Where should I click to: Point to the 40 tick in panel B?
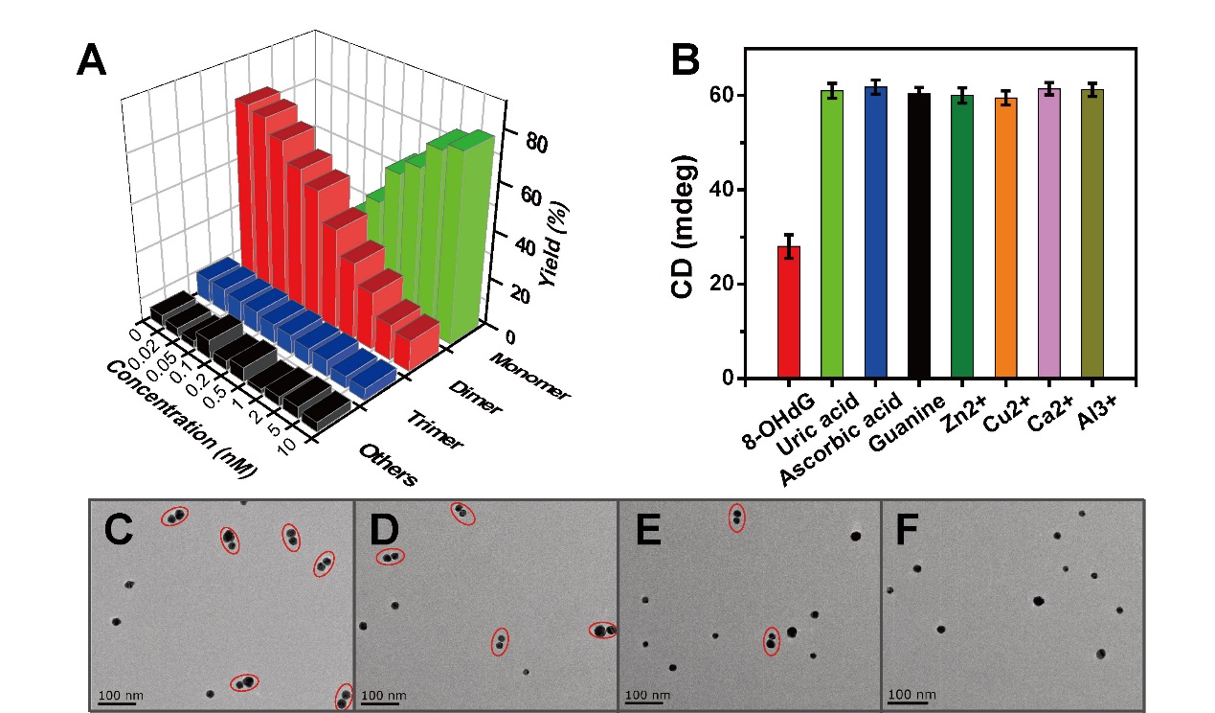tap(729, 189)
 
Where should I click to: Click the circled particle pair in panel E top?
tap(736, 517)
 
